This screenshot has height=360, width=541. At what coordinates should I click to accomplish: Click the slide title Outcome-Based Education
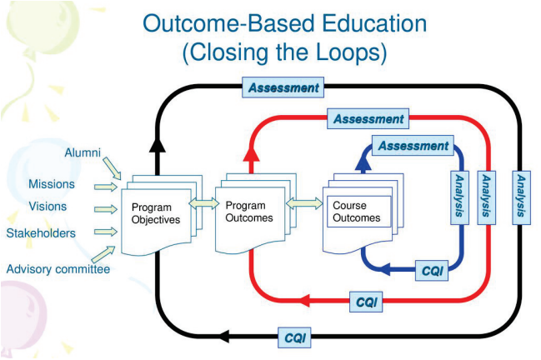pos(284,22)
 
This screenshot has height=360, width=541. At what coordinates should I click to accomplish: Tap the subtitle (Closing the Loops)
pos(284,52)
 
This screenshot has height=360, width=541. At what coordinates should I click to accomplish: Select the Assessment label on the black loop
pos(284,87)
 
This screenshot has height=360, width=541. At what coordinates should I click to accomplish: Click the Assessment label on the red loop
pos(368,119)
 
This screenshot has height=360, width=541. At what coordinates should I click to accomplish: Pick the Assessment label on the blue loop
pos(413,146)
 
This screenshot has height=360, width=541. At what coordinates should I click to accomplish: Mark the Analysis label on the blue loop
pos(458,197)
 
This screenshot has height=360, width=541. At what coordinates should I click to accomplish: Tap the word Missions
pos(52,184)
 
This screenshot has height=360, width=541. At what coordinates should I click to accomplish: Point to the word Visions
pos(48,207)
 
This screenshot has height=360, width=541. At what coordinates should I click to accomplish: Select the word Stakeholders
pos(41,232)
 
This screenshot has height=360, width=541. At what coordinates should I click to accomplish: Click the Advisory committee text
pos(58,268)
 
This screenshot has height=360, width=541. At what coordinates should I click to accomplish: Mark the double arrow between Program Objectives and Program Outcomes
pos(201,202)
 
